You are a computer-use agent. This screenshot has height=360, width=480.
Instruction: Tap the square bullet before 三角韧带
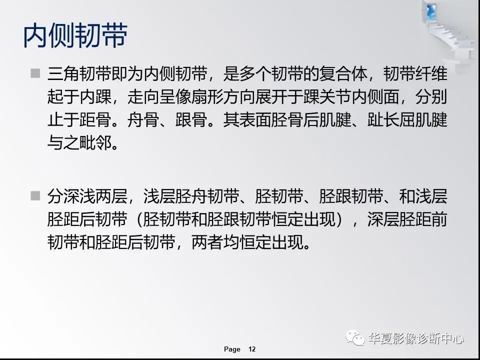(x=34, y=74)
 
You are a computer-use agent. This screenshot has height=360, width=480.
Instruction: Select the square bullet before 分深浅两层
(x=34, y=195)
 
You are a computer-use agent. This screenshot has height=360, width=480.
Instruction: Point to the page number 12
(x=252, y=349)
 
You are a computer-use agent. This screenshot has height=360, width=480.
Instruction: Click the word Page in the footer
(x=232, y=349)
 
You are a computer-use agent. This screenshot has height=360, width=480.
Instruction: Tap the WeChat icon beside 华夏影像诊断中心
(x=358, y=338)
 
